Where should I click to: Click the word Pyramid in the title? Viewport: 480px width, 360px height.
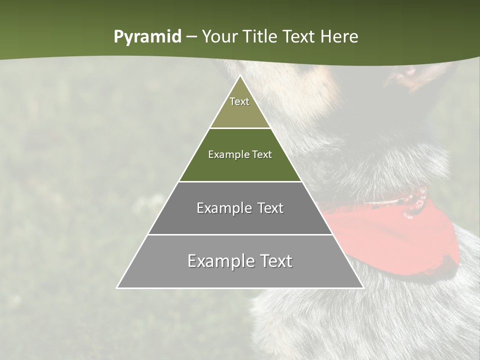[x=147, y=37]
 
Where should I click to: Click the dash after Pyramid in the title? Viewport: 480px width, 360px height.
[x=191, y=37]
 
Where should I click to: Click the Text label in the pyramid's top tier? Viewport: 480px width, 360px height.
[x=239, y=102]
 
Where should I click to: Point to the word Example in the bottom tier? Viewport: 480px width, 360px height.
[x=219, y=261]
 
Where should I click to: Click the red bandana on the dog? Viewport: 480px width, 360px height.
[x=395, y=240]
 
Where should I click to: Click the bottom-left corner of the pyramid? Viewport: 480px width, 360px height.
[x=117, y=287]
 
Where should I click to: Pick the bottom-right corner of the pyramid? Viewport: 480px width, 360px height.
[x=363, y=287]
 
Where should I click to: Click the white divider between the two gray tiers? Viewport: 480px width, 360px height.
[x=240, y=234]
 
